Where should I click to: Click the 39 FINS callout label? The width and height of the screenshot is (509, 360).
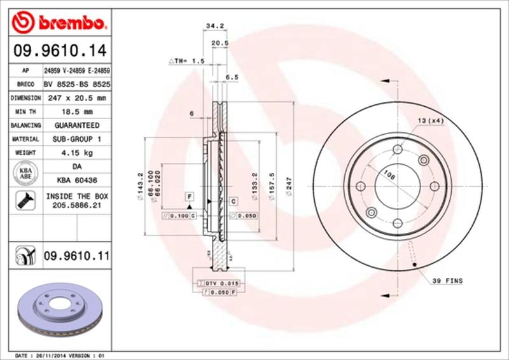(448, 280)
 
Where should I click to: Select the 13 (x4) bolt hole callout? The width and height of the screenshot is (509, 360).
(430, 120)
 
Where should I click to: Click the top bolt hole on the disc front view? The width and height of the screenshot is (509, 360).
(398, 149)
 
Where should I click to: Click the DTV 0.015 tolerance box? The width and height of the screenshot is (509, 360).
(217, 282)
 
